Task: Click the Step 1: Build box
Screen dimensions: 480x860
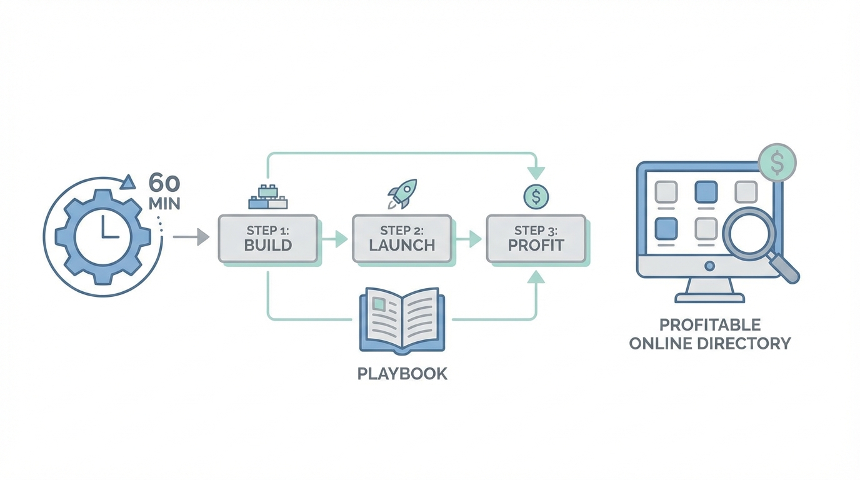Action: point(267,238)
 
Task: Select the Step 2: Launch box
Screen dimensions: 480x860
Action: point(402,238)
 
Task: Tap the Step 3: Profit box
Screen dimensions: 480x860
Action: point(536,238)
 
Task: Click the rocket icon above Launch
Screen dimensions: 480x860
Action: point(402,193)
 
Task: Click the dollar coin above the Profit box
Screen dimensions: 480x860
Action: point(536,197)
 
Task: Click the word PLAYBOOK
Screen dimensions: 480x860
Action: point(402,374)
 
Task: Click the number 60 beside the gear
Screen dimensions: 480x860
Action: point(164,184)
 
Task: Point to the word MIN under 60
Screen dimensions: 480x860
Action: point(164,204)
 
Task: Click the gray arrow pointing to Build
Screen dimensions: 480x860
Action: point(191,237)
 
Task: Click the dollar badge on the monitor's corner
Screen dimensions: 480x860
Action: point(777,162)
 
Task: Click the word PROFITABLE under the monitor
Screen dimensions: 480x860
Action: point(709,325)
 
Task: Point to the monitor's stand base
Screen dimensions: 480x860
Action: point(709,297)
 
